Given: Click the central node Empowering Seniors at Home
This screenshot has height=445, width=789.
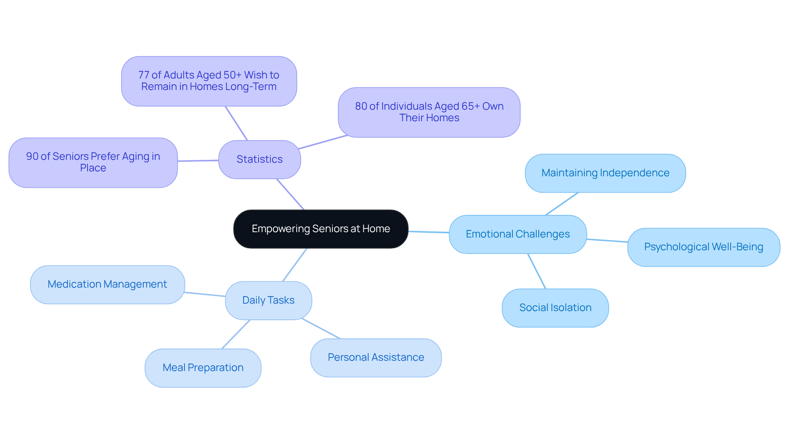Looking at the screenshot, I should [x=321, y=229].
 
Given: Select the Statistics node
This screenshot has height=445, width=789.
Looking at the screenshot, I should [x=259, y=159].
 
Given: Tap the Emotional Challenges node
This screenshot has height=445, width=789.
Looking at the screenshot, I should [x=517, y=234].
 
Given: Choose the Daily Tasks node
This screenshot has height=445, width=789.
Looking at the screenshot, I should [x=268, y=300].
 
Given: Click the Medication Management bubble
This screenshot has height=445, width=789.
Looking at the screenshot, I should [x=107, y=284].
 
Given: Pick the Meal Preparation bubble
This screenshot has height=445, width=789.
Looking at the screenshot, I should [x=203, y=368].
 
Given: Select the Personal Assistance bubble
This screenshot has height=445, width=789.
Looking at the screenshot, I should [x=376, y=357].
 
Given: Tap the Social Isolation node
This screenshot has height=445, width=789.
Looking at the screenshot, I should [x=555, y=308].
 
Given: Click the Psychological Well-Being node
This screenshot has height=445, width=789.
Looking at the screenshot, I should [x=703, y=247].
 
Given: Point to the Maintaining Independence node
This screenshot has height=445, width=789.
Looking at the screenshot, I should [x=605, y=173].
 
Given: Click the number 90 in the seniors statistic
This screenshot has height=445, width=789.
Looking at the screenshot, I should [x=32, y=157].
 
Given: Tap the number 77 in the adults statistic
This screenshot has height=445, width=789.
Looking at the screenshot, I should [x=143, y=75].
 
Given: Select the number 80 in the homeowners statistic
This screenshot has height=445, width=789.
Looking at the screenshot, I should [x=361, y=106].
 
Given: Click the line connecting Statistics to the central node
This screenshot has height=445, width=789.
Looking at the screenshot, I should [x=290, y=194].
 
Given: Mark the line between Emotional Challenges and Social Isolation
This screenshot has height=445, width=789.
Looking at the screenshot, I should [x=537, y=271].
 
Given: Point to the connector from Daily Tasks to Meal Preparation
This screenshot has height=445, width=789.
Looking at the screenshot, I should [x=236, y=334].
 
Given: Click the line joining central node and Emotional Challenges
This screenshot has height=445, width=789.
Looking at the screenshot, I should [x=428, y=232].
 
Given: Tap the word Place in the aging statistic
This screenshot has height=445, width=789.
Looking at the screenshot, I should [x=93, y=168].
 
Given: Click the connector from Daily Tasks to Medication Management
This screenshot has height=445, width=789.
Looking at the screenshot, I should [x=205, y=294].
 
